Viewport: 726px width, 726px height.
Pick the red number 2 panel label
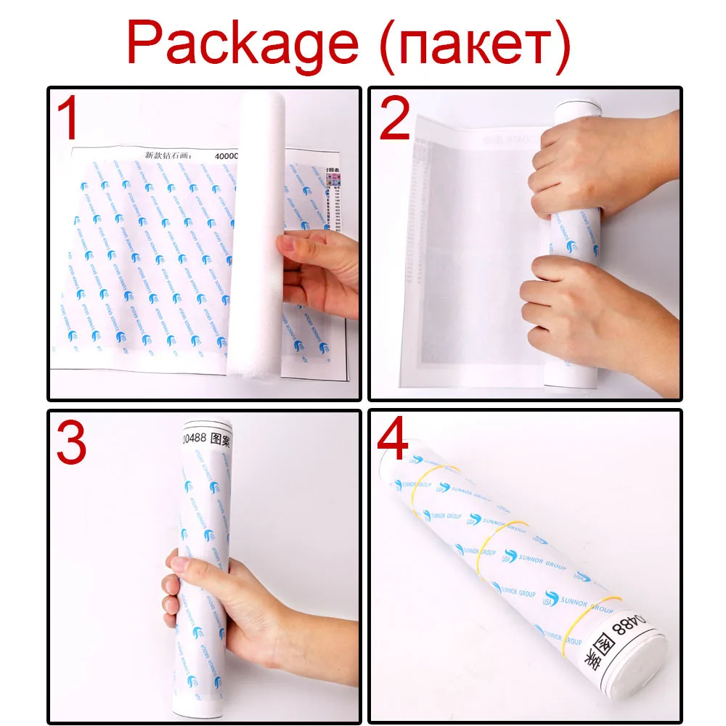395,119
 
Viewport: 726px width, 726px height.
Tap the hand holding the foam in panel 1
319,269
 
